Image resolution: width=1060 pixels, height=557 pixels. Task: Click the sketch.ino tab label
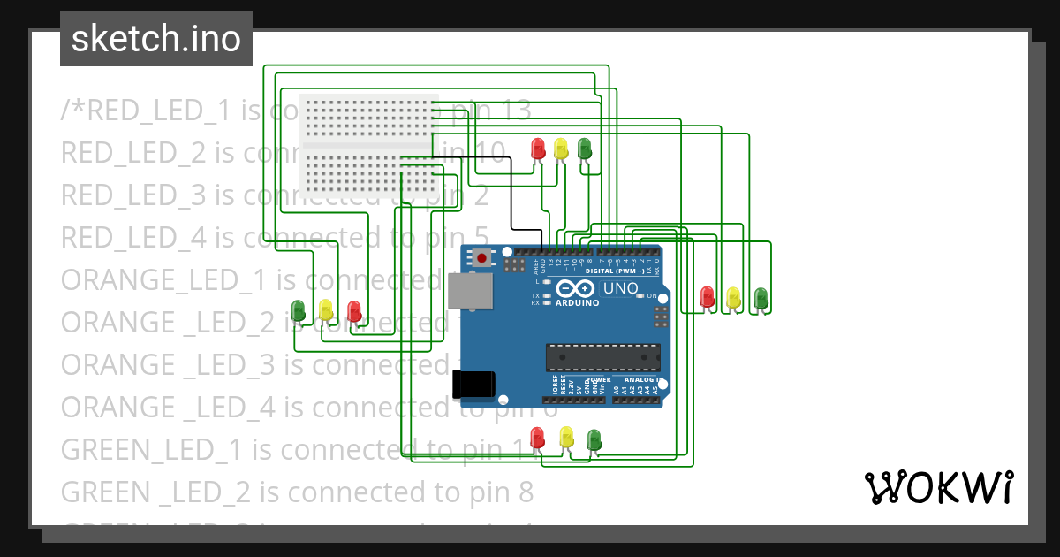155,39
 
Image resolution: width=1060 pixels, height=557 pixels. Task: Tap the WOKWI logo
937,487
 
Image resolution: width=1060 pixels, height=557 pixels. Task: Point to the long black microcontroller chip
602,356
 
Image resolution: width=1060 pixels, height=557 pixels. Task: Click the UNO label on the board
620,288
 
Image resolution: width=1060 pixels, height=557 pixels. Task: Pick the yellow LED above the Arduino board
561,148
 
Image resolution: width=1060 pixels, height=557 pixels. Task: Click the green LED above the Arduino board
584,148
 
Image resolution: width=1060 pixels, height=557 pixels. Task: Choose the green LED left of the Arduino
299,309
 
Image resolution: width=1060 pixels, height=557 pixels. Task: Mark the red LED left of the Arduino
354,310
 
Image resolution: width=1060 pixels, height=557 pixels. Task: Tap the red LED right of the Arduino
707,296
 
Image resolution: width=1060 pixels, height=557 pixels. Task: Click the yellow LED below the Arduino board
566,436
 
